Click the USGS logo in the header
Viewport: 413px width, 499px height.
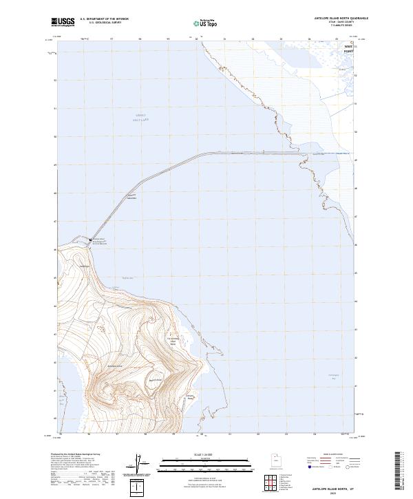(x=63, y=21)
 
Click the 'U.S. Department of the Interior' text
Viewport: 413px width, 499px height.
(x=104, y=19)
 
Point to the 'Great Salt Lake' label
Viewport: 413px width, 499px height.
(x=141, y=117)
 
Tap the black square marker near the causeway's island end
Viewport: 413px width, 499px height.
(x=91, y=240)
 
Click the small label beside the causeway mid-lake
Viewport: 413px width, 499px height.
(x=132, y=198)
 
